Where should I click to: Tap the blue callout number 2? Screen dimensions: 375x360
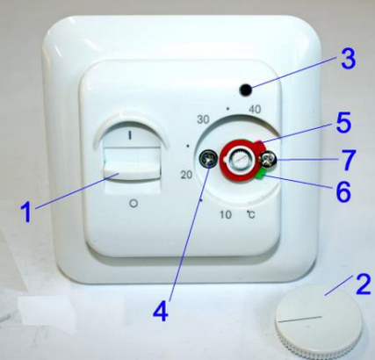[363, 284]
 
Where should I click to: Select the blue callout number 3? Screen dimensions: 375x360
[348, 59]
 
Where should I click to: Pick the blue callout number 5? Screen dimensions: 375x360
[343, 123]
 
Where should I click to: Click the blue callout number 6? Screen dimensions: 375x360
[343, 191]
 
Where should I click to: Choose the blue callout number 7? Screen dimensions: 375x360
[349, 160]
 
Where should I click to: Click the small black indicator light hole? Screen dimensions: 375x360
[245, 90]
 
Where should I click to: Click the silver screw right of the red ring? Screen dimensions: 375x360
[269, 160]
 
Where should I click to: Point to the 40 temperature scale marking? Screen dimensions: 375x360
[255, 110]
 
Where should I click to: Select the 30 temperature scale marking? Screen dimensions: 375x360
[203, 119]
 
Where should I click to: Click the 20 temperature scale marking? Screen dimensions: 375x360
[186, 175]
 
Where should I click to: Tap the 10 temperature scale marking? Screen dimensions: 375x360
[226, 215]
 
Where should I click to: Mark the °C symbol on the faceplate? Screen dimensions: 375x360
[250, 215]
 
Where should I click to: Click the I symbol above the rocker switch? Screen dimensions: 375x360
[129, 136]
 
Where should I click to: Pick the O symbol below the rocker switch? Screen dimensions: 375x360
[133, 203]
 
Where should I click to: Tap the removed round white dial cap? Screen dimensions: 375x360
[319, 323]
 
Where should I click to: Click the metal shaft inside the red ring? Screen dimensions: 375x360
[240, 160]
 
